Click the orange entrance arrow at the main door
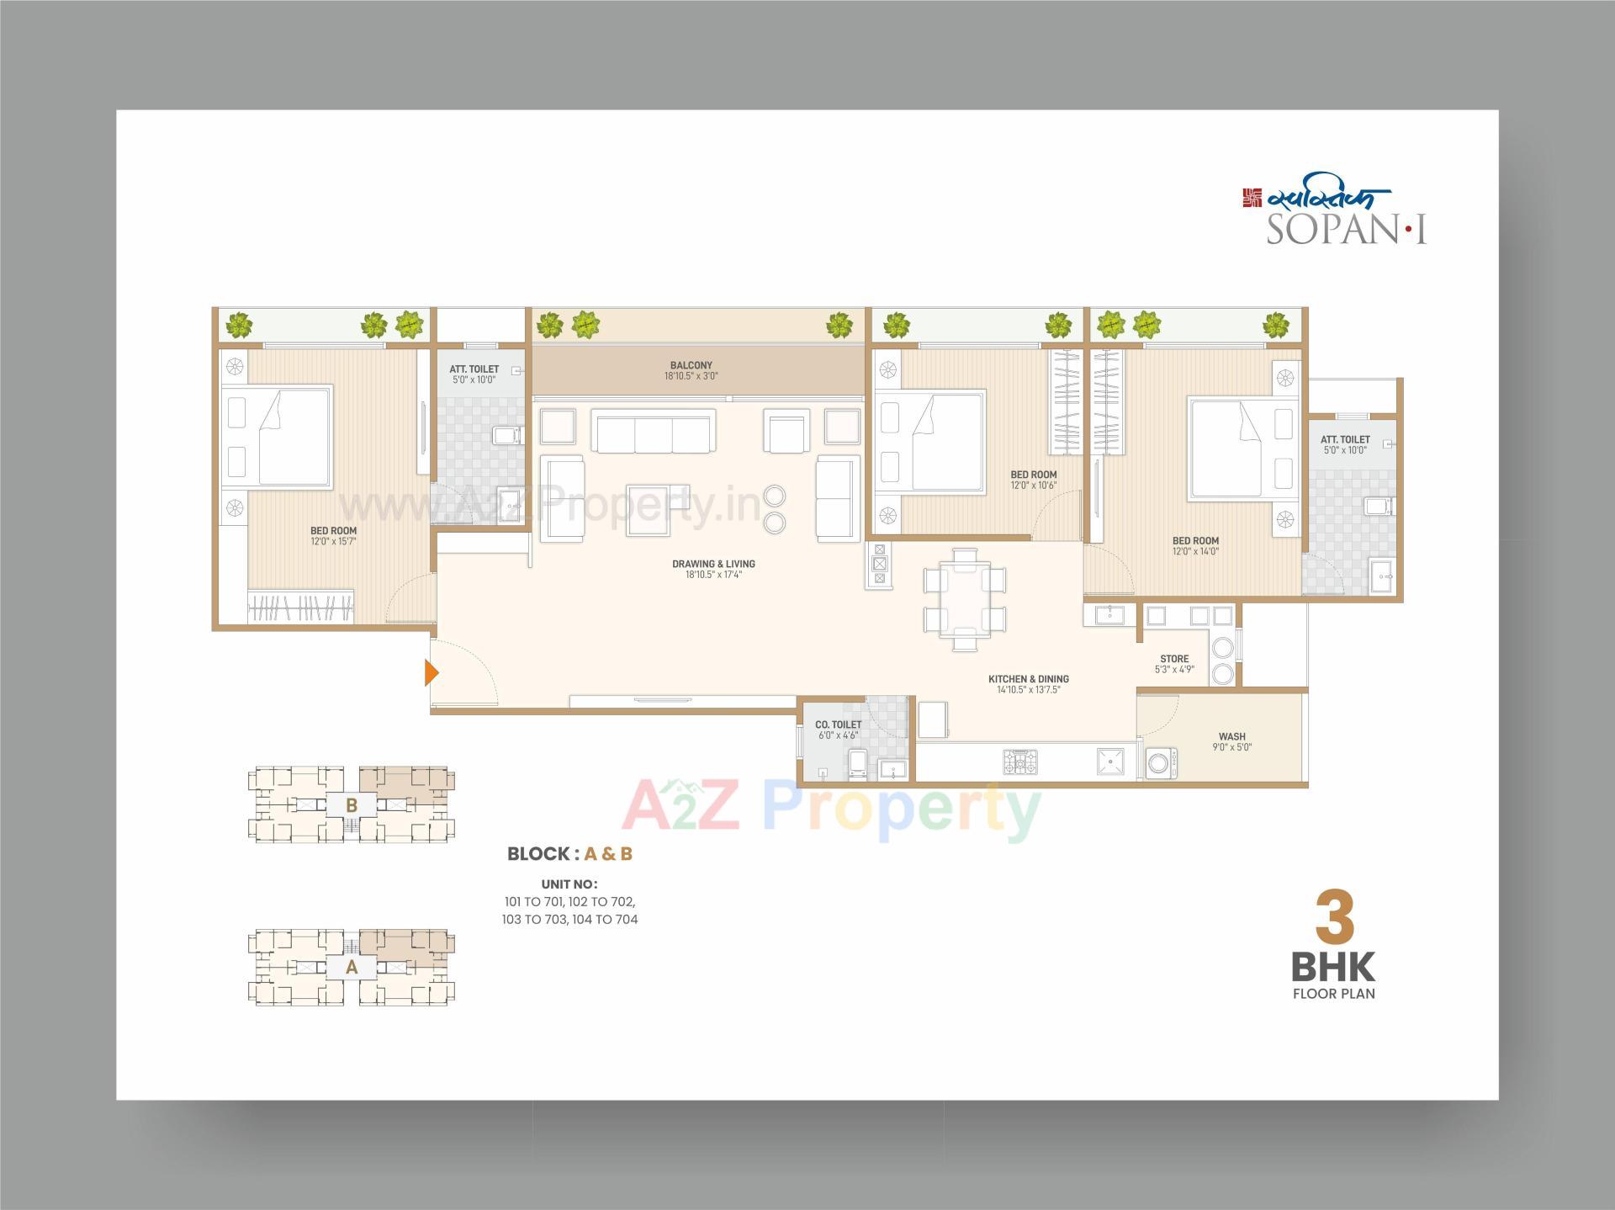tap(431, 672)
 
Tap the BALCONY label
tap(691, 365)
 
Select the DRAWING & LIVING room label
tap(713, 564)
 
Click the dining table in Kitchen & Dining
tap(965, 599)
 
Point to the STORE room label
tap(1174, 659)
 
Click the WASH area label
tap(1231, 736)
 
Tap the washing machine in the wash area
tap(1162, 763)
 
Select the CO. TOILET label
tap(838, 724)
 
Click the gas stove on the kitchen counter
tap(1019, 762)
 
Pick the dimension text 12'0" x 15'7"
tap(333, 542)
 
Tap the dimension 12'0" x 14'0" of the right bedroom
tap(1195, 552)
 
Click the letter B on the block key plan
tap(352, 805)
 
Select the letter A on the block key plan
tap(352, 968)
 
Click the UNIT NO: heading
tap(569, 884)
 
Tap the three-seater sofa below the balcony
tap(654, 431)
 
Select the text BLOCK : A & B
tap(569, 853)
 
